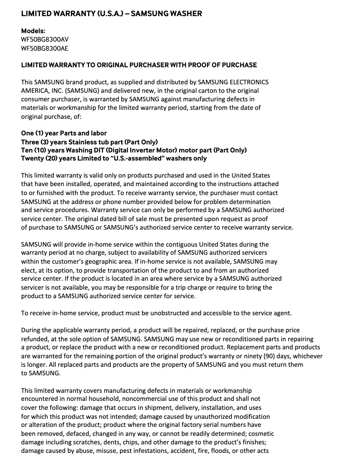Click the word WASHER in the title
[x=185, y=13]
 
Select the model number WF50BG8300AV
[x=45, y=39]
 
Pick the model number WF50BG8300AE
[x=44, y=48]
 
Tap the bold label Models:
[x=33, y=31]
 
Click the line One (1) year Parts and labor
[x=64, y=133]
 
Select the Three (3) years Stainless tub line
[x=89, y=142]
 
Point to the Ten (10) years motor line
[x=134, y=150]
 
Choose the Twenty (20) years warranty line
[x=114, y=158]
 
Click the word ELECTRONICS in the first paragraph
[x=249, y=82]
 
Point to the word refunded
[x=35, y=339]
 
